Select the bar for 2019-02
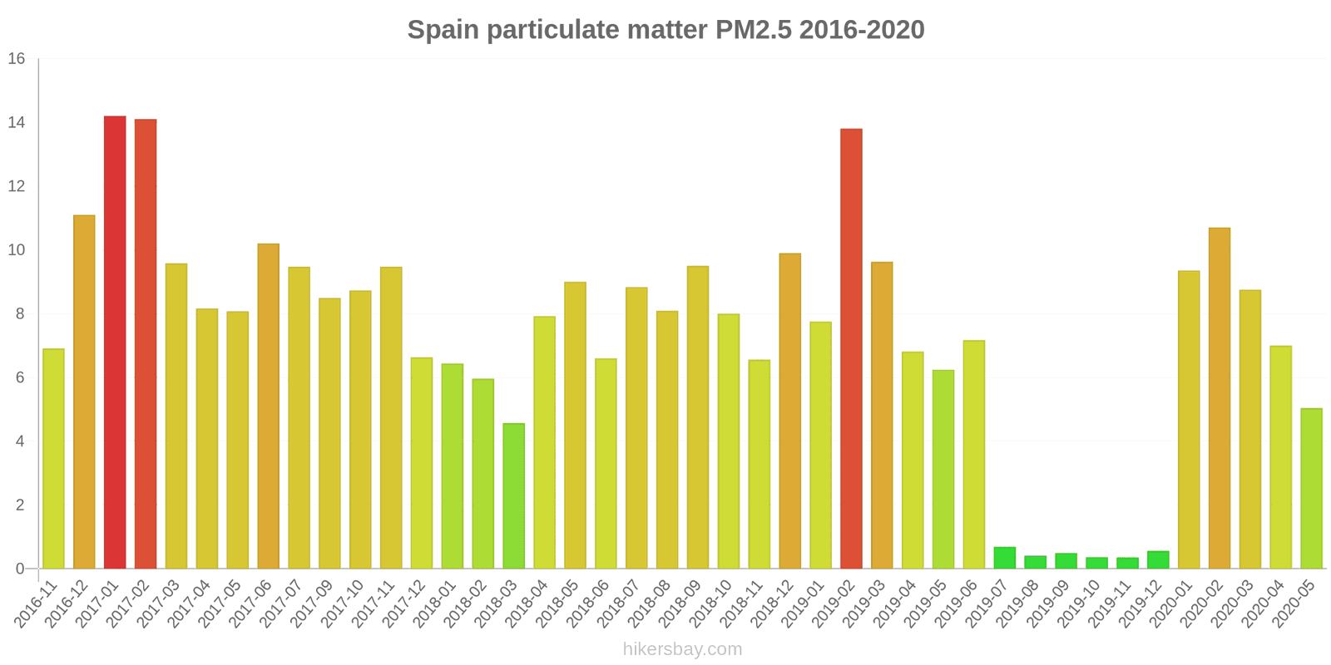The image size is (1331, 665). pos(851,349)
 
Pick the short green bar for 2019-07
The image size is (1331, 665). pos(1005,558)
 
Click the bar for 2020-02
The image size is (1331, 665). pos(1220,398)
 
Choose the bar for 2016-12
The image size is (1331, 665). pos(84,392)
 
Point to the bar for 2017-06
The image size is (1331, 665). pos(268,406)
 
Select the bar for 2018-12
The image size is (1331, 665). pos(789,411)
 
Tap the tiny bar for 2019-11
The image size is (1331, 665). pos(1127,564)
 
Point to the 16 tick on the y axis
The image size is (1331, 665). pos(17,59)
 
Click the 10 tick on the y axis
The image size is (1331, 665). pos(17,250)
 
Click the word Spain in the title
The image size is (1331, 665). pos(443,30)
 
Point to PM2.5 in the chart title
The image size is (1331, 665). pos(754,30)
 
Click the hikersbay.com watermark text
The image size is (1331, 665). pos(682,649)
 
